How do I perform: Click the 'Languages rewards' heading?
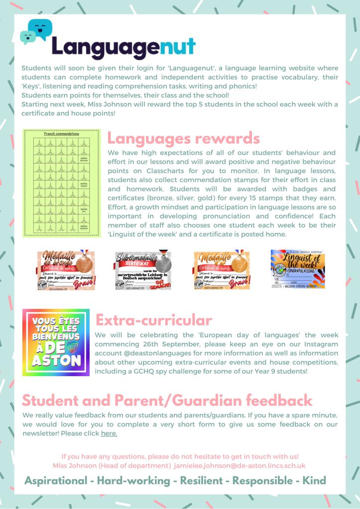tap(183, 137)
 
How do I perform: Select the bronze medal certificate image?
tap(66, 270)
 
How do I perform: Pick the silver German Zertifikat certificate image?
tap(143, 270)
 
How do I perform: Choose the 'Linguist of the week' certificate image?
tap(298, 269)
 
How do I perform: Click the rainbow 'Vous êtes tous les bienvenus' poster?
tap(56, 342)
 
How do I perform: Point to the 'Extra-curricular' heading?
tap(153, 319)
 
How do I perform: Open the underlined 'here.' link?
tap(109, 433)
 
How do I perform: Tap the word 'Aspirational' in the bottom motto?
tap(56, 481)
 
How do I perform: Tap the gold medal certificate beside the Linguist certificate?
tap(222, 270)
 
